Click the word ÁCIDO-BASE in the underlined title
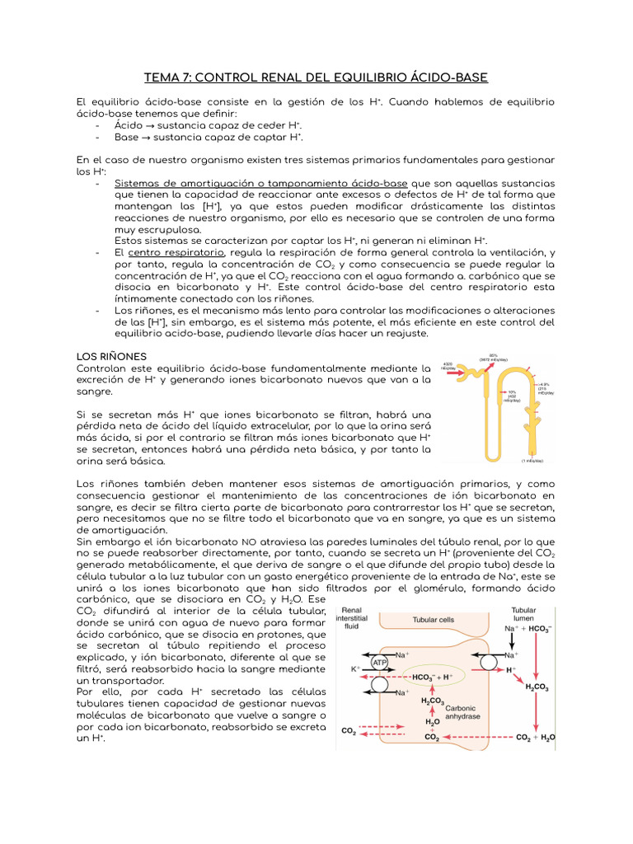[448, 77]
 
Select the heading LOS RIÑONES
[110, 354]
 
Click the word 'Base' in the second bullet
[126, 137]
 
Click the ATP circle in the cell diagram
[379, 661]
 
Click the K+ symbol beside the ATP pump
[356, 669]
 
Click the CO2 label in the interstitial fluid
[349, 730]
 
